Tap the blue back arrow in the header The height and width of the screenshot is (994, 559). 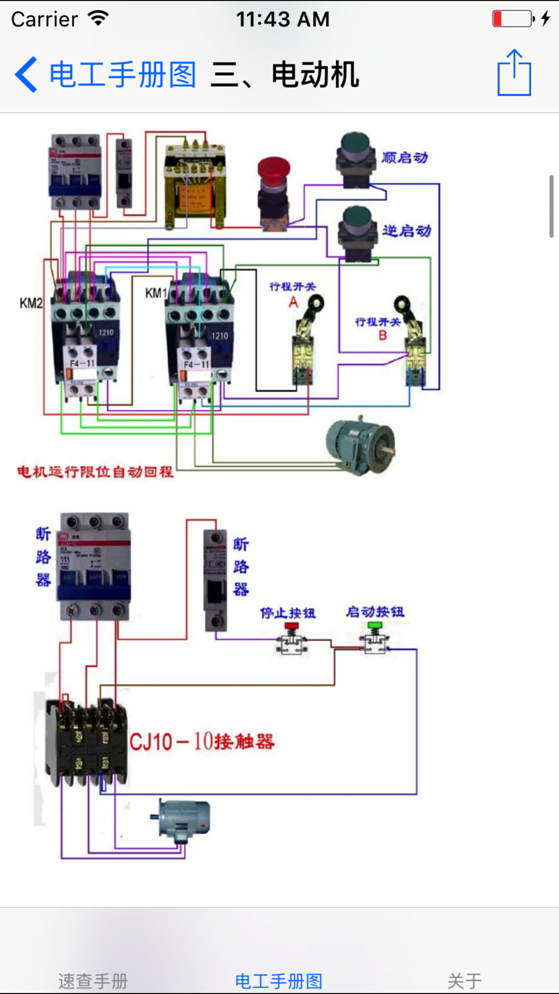[26, 74]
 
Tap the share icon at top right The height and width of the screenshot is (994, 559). [514, 73]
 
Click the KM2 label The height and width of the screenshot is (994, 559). [31, 303]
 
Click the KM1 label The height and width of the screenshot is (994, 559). [155, 293]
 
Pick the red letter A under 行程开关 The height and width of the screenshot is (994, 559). [293, 303]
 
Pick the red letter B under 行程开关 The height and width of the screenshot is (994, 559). [383, 335]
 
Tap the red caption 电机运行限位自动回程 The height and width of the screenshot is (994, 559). [95, 472]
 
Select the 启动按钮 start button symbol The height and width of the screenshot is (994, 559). [375, 640]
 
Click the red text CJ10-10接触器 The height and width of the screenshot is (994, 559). [202, 742]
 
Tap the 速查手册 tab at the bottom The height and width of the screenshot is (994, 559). [93, 980]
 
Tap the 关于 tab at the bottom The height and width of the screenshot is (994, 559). [465, 980]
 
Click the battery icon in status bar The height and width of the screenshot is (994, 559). [513, 19]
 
